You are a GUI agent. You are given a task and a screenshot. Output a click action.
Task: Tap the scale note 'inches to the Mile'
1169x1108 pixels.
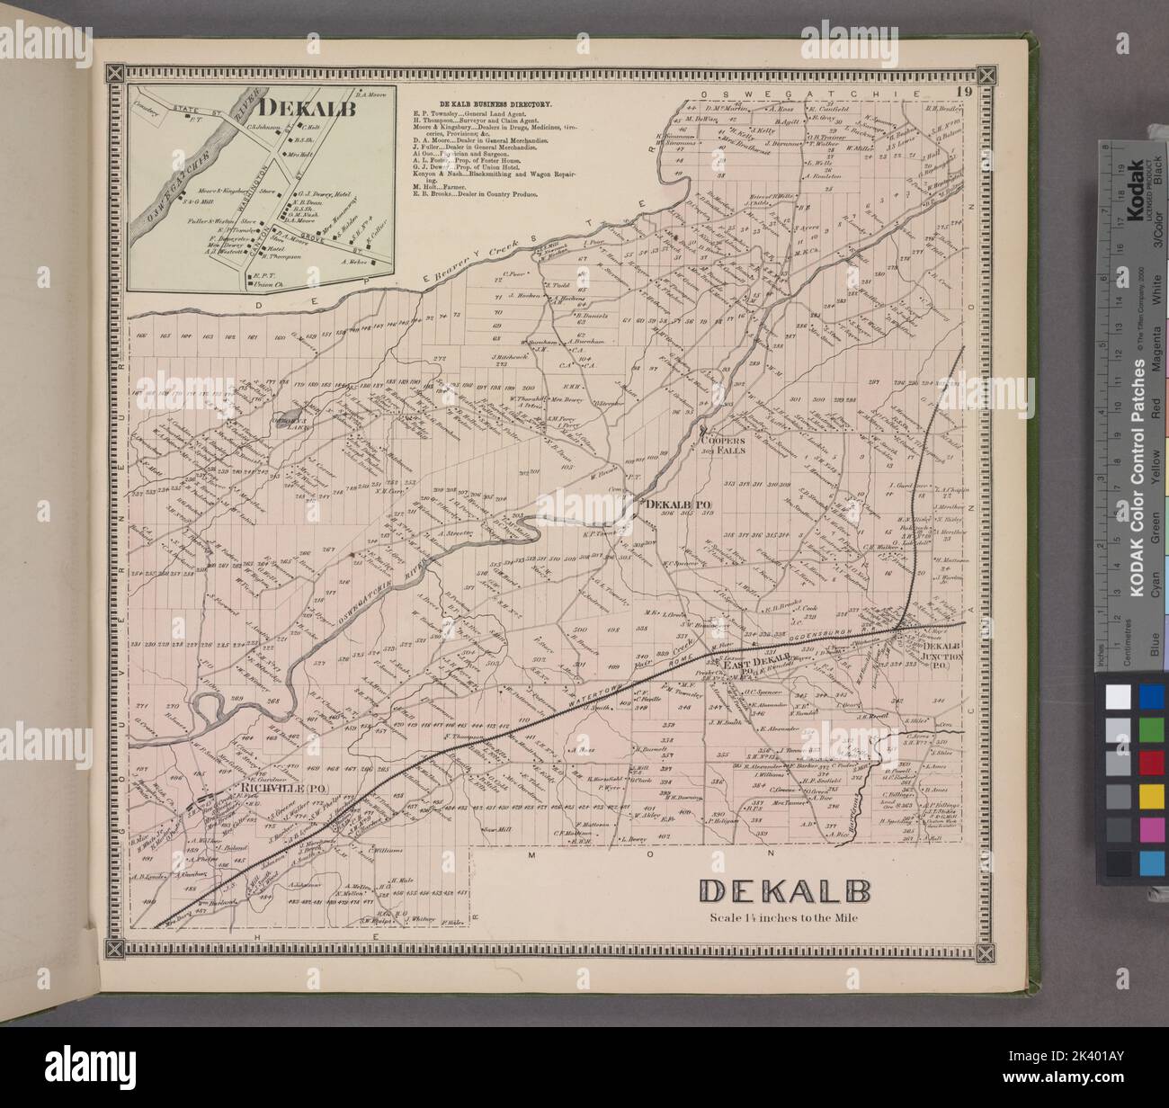[783, 918]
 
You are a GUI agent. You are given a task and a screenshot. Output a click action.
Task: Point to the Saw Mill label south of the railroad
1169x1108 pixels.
[495, 828]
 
